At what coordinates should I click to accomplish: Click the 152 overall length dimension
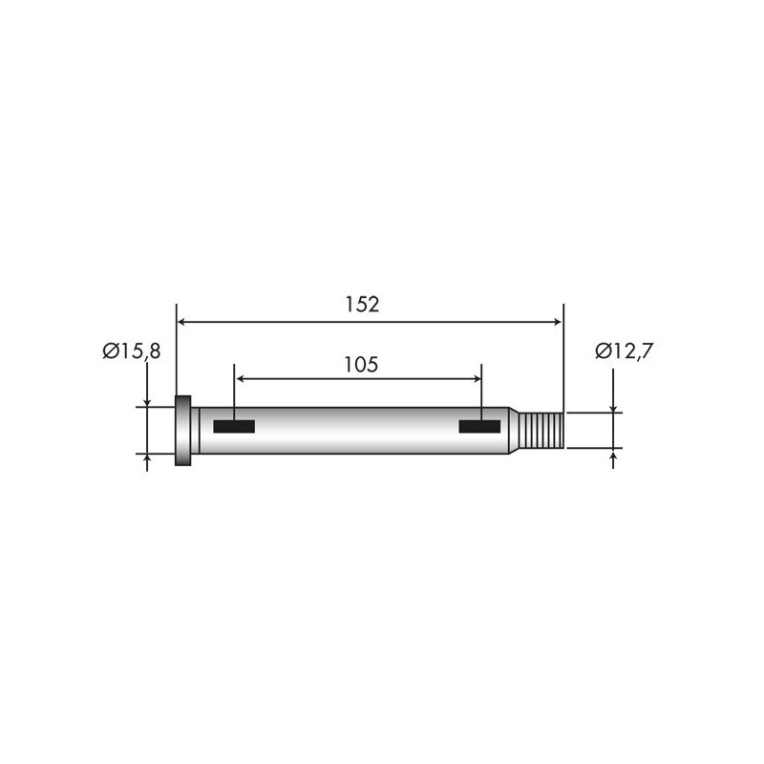pos(363,305)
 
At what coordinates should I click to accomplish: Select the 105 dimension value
pos(361,364)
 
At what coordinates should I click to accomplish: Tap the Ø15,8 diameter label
pos(132,351)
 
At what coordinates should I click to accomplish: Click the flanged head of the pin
pos(183,431)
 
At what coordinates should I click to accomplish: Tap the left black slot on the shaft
pos(234,426)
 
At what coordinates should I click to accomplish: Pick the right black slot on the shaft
pos(480,426)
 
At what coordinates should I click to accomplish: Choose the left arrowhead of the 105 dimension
pos(241,379)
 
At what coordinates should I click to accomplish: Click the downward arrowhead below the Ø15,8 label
pos(147,401)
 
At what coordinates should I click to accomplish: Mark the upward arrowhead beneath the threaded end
pos(612,453)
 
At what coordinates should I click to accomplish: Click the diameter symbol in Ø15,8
pos(111,351)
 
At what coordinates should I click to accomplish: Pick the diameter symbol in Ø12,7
pos(603,350)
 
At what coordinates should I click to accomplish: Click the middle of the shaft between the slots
pos(358,431)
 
